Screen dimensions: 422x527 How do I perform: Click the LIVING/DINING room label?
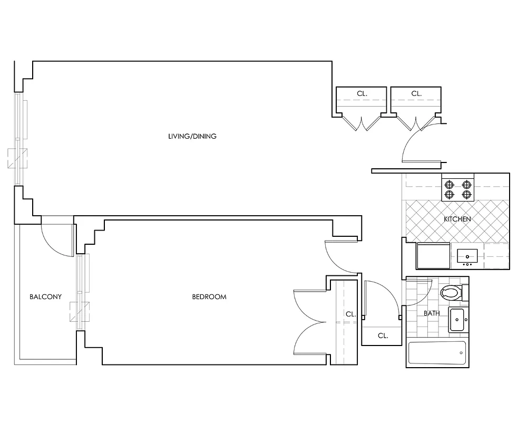pos(192,136)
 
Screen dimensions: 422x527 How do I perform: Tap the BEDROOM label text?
pos(209,297)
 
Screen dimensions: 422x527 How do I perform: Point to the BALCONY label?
pos(45,297)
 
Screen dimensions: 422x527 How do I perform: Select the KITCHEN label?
pos(457,219)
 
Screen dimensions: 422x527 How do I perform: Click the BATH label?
pos(432,313)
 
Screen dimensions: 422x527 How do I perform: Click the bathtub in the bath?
pos(437,353)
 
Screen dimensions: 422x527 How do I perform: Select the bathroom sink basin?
pos(456,319)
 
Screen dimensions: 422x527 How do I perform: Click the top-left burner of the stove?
pos(450,185)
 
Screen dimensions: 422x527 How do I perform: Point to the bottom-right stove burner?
pos(466,194)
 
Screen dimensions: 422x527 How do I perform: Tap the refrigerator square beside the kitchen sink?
pos(433,255)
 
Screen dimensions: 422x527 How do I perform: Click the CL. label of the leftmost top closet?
pos(362,93)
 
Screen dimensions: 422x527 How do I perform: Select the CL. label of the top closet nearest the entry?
pos(416,93)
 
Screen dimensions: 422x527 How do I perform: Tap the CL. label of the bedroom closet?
pos(351,314)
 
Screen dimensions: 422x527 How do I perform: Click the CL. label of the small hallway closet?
pos(383,335)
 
